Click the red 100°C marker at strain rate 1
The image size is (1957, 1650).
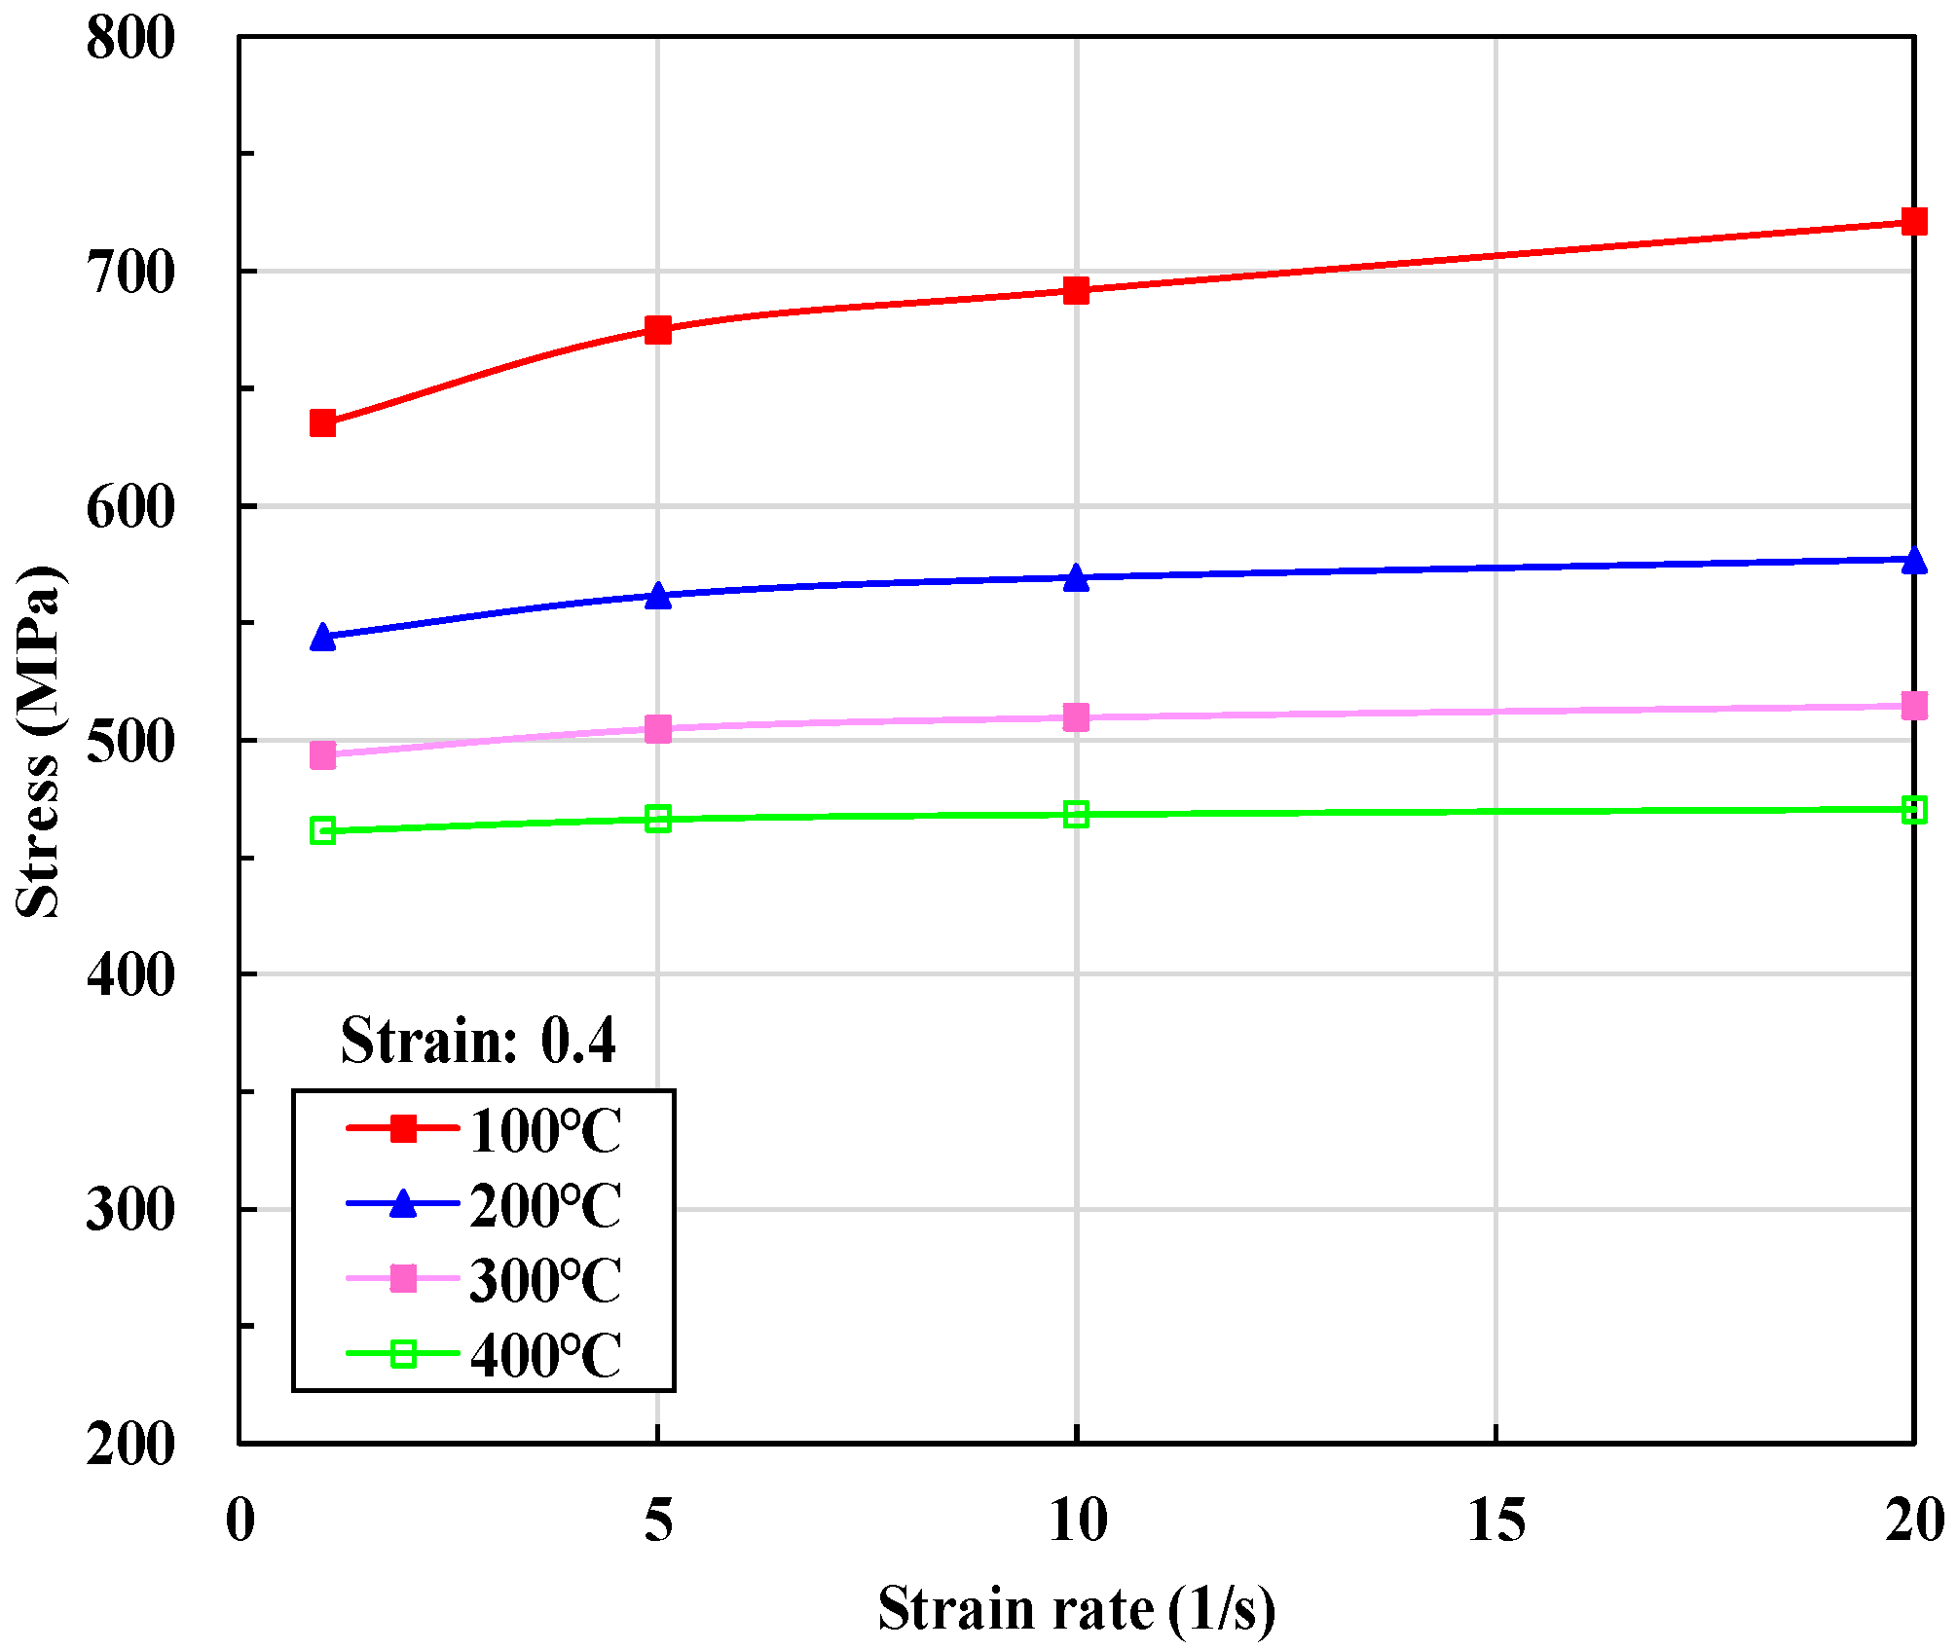click(322, 423)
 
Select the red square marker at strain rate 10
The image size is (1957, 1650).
click(1076, 290)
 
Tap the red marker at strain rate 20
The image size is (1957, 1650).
click(1913, 222)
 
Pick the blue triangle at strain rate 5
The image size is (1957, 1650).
click(658, 596)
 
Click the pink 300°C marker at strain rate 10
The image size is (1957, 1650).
click(1076, 717)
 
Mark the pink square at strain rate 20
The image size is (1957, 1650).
click(1913, 706)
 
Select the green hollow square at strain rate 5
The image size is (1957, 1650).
click(658, 819)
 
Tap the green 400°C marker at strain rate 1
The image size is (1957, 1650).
click(322, 830)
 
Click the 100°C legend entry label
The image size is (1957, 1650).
click(545, 1131)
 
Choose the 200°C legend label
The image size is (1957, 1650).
click(545, 1206)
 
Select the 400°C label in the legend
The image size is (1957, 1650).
click(545, 1355)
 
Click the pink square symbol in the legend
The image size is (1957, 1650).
click(403, 1278)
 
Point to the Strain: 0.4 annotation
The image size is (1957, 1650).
click(478, 1041)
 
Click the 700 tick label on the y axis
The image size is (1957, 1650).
click(129, 273)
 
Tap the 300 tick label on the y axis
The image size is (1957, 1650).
click(129, 1210)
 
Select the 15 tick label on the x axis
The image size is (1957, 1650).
click(1495, 1520)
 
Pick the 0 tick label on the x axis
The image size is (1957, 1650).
click(240, 1520)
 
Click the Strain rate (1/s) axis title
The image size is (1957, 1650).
click(1076, 1608)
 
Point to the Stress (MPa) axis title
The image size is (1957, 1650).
click(39, 740)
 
